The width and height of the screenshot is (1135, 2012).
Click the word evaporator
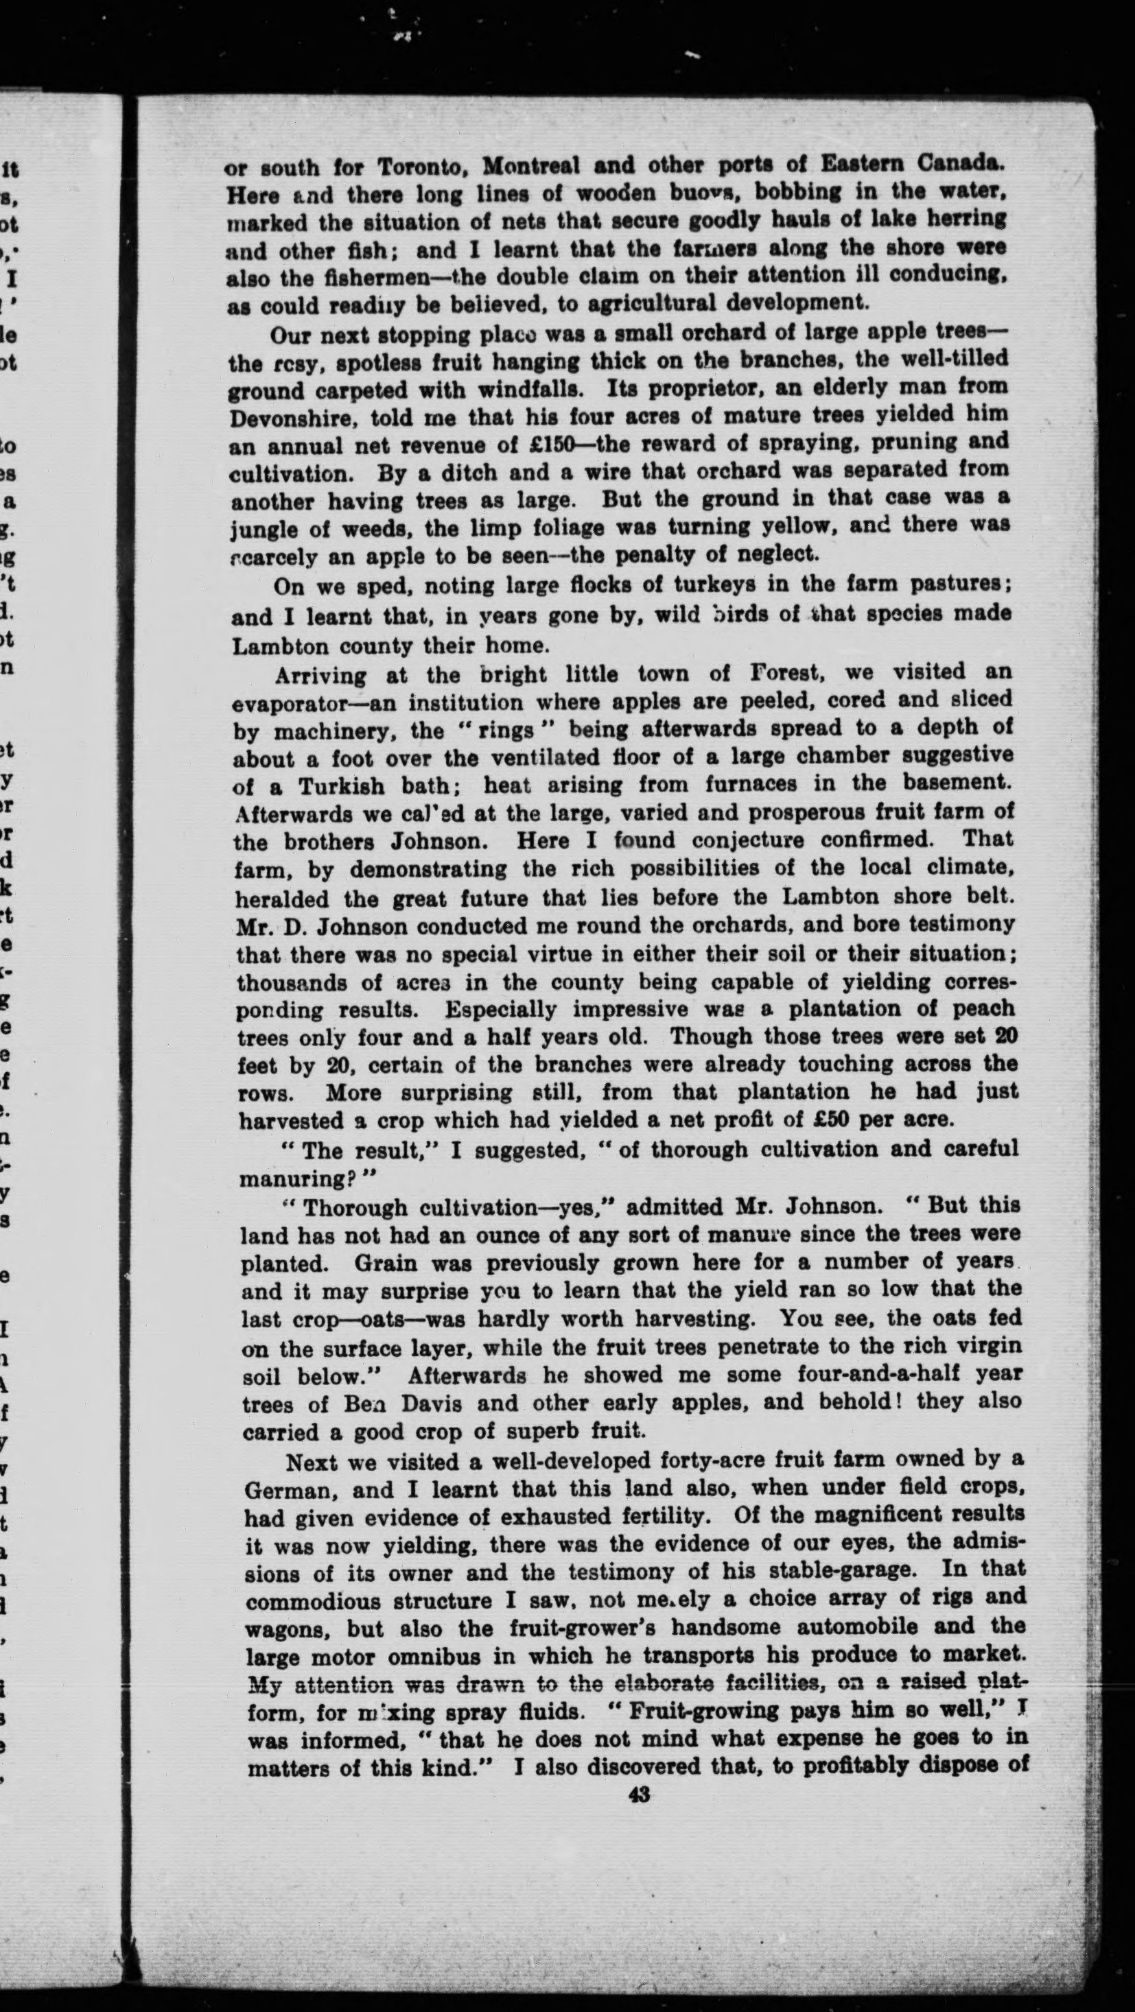[287, 702]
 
